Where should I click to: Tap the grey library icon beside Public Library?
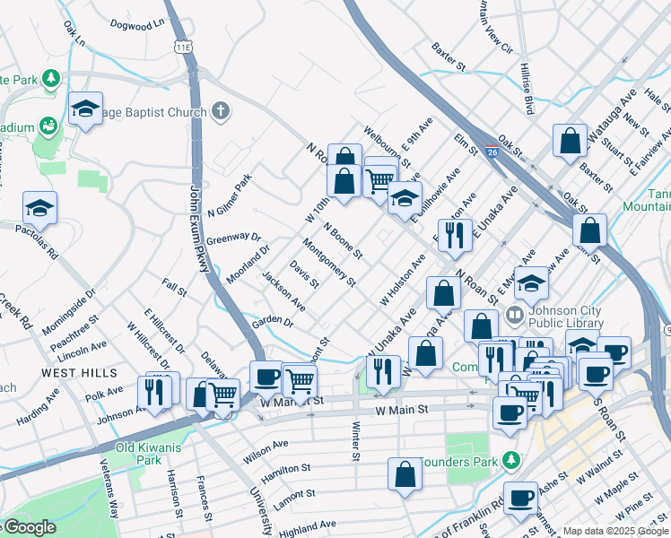pos(515,315)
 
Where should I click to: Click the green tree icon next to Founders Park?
pos(511,460)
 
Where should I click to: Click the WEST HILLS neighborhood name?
pos(79,373)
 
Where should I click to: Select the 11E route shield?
pos(185,47)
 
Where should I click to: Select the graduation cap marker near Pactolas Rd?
pos(39,209)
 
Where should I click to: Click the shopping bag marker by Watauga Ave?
pos(571,141)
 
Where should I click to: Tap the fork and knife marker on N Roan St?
pos(455,235)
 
